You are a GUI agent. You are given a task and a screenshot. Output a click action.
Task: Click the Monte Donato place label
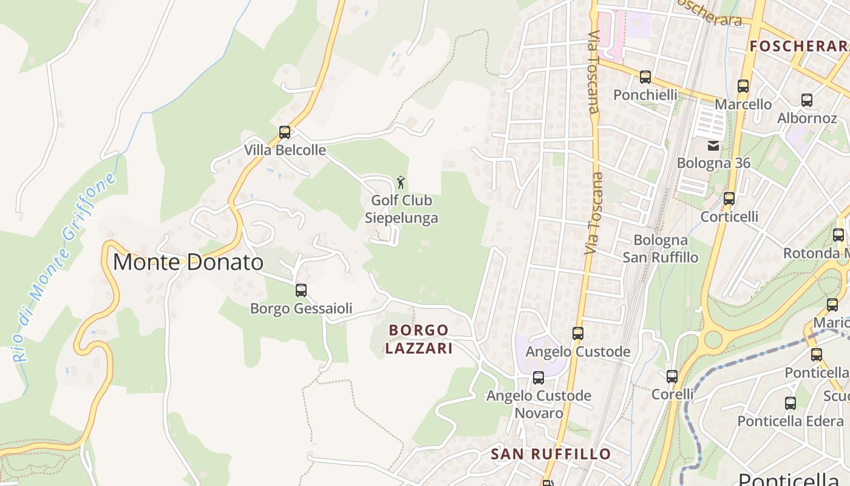[x=188, y=262]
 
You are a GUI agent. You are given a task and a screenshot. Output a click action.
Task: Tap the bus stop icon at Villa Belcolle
[x=284, y=132]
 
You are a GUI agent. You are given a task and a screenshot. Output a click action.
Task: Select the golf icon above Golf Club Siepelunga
[x=401, y=182]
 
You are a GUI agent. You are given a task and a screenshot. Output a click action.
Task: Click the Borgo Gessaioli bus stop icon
[x=301, y=290]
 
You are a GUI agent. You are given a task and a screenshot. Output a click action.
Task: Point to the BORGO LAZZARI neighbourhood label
[x=419, y=339]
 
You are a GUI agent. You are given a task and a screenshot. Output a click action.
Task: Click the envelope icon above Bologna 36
[x=713, y=146]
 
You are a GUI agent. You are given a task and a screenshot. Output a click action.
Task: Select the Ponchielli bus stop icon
[x=645, y=77]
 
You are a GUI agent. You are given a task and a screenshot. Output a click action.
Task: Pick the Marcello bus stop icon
[x=743, y=86]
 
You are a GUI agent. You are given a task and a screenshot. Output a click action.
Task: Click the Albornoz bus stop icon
[x=806, y=100]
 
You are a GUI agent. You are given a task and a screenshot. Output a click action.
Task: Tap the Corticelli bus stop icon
[x=729, y=199]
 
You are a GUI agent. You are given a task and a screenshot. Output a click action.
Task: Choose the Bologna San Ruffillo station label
[x=660, y=248]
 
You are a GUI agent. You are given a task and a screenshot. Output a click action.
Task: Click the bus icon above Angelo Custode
[x=577, y=334]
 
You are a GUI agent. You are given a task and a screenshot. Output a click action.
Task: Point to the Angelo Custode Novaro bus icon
[x=538, y=378]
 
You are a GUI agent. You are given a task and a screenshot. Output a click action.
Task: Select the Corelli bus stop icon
[x=671, y=377]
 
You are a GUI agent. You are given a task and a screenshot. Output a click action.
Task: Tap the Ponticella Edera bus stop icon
[x=790, y=403]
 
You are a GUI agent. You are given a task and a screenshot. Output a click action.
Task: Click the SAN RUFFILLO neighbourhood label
[x=551, y=454]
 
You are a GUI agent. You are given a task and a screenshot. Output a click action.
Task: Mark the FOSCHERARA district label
[x=798, y=46]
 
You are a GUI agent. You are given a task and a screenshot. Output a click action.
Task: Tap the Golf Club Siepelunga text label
[x=401, y=209]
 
